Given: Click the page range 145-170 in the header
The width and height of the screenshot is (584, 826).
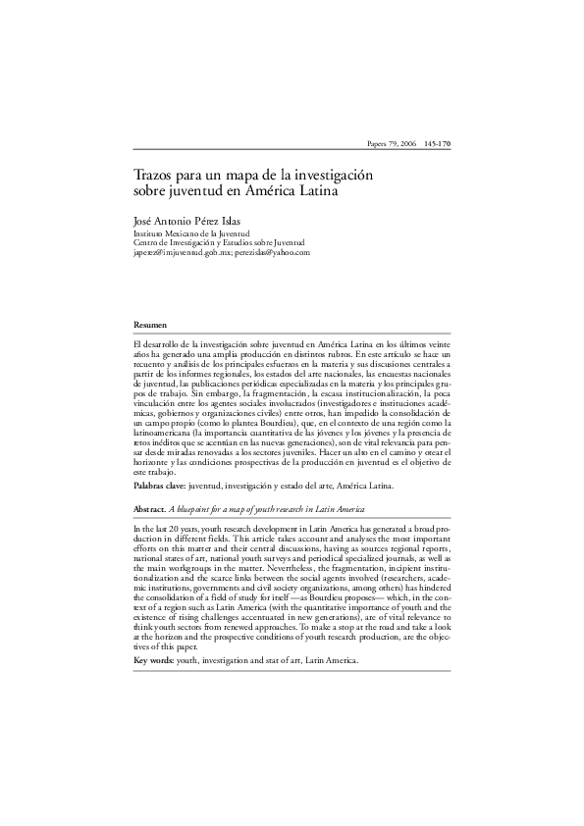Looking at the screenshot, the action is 437,144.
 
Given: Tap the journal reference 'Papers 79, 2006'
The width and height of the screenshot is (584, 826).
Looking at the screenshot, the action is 391,144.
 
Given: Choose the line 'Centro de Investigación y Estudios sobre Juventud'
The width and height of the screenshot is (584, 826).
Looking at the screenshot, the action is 219,242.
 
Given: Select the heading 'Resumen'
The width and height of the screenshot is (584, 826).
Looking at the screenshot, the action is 150,324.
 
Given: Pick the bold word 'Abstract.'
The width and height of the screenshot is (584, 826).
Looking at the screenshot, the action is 151,510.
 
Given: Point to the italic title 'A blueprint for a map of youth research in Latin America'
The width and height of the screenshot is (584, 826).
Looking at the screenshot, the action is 268,510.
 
